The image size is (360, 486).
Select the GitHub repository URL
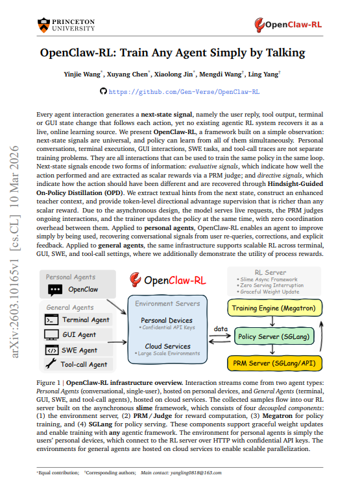pos(184,93)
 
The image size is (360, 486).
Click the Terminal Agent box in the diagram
pos(78,319)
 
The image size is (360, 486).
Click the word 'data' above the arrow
pos(220,330)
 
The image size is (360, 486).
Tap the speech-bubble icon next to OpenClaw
pos(54,290)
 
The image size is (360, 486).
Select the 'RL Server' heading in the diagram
pos(272,272)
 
